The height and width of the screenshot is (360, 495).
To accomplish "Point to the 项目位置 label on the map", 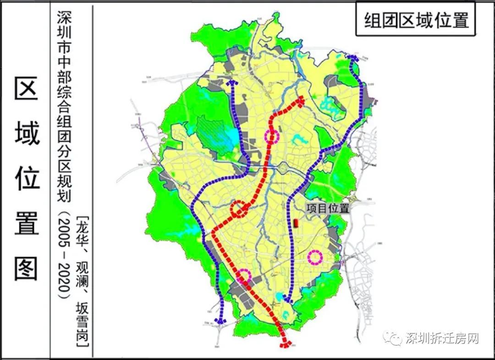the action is [x=328, y=208].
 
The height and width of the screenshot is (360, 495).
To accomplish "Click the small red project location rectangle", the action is [x=296, y=223].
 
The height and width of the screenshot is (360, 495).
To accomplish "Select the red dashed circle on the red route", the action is [x=238, y=209].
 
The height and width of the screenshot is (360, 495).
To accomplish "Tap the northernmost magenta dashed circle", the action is [x=272, y=136].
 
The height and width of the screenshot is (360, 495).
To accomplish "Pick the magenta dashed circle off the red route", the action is [x=315, y=257].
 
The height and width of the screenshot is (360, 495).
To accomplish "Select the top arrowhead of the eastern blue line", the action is [x=352, y=58].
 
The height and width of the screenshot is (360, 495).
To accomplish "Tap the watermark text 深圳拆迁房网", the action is [x=442, y=339].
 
